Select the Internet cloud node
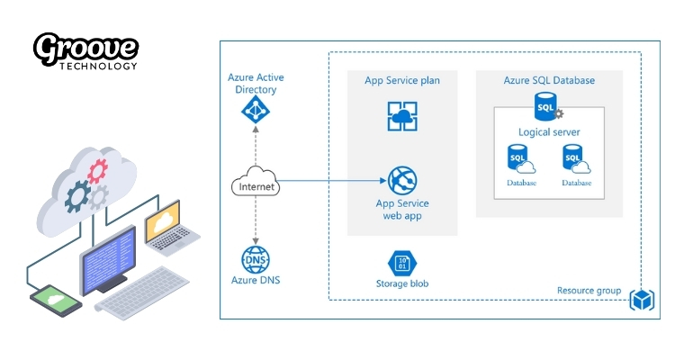(x=256, y=185)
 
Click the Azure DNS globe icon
(x=255, y=259)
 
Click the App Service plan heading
(x=402, y=81)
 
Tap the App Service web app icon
(x=402, y=180)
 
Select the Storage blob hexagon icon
(x=401, y=263)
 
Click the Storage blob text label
(x=402, y=284)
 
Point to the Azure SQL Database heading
(x=549, y=81)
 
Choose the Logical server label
(x=549, y=132)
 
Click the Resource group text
(x=589, y=291)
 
